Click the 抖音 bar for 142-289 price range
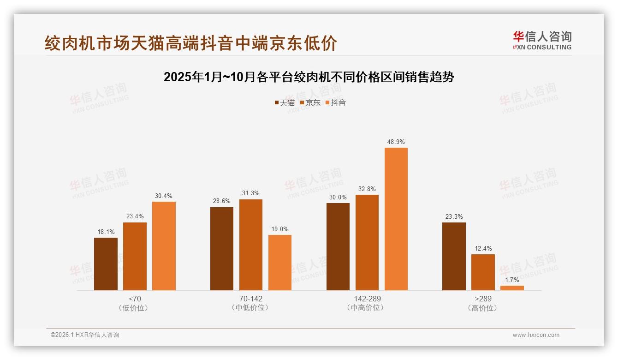[396, 219]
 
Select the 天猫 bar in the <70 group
[106, 264]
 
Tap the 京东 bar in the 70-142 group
[250, 245]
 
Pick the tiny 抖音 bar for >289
[512, 288]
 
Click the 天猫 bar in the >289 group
[454, 256]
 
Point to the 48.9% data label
[396, 142]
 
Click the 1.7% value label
[512, 280]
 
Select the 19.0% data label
[280, 229]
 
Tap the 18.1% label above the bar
[106, 232]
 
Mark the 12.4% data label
[483, 249]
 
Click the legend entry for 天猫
[285, 102]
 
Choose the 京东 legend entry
[310, 102]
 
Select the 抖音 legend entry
[336, 102]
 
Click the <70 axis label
[135, 299]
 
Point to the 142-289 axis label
[367, 299]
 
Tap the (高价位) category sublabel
[483, 308]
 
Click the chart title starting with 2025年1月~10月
[309, 77]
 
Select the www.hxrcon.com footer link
[536, 335]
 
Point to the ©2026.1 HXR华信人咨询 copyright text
[85, 335]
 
